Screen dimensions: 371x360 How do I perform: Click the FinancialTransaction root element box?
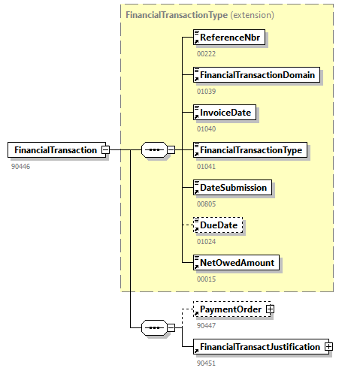tap(55, 149)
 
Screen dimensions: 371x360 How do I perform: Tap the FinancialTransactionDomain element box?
tap(256, 75)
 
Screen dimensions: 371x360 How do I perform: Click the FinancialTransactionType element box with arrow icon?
tap(250, 149)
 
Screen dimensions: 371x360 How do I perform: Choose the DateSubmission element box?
tap(232, 187)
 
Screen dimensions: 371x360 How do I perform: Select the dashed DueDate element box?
tap(219, 225)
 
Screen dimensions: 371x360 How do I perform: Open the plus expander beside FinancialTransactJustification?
tap(328, 346)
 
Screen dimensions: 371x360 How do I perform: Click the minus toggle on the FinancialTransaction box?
tap(105, 149)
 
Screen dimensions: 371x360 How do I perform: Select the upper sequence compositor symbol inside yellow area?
tap(153, 149)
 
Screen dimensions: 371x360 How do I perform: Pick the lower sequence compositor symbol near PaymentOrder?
tap(153, 327)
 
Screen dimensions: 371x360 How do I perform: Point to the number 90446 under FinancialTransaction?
tap(21, 165)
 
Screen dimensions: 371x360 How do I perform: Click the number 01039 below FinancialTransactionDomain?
tap(207, 91)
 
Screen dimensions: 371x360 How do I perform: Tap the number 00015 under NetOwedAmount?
tap(207, 278)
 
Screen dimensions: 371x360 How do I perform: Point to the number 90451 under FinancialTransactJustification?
tap(207, 362)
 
